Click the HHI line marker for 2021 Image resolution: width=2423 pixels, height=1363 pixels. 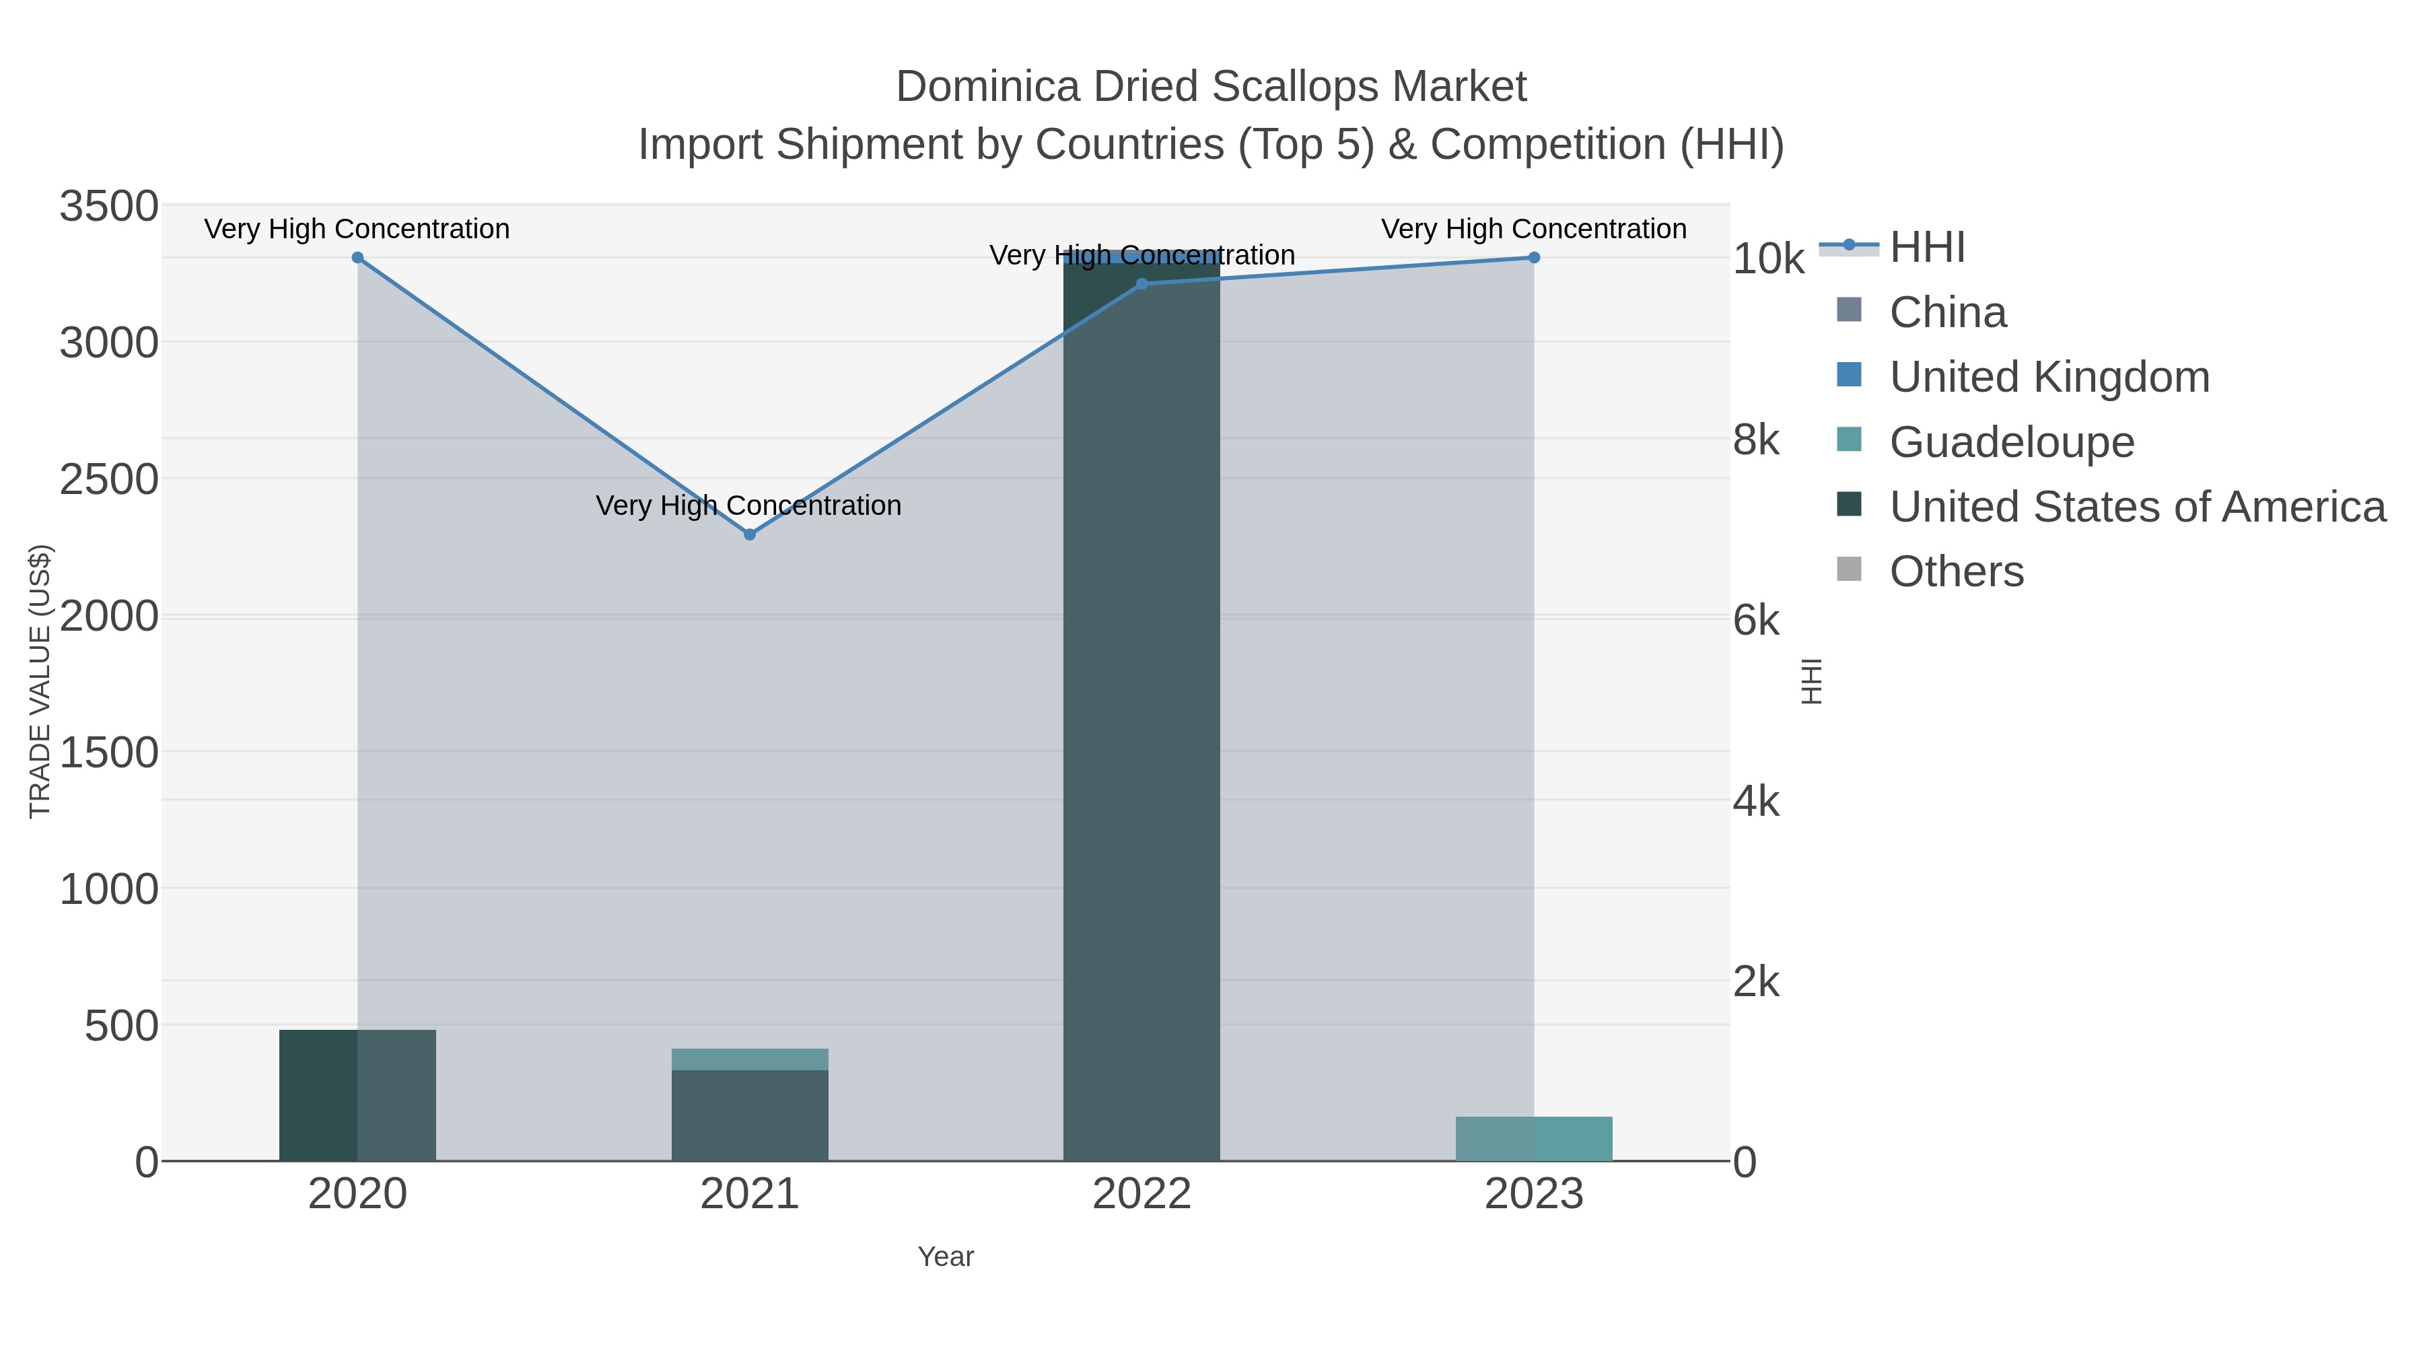[750, 534]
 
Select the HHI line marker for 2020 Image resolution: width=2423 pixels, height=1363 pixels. [357, 258]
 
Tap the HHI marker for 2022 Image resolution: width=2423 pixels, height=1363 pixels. [1142, 284]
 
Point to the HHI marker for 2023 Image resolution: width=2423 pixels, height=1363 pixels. [1534, 258]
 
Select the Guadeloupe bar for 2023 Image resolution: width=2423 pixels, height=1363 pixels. [1534, 1139]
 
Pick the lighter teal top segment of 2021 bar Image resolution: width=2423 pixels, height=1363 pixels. [750, 1059]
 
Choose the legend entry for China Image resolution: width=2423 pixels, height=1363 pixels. [1947, 312]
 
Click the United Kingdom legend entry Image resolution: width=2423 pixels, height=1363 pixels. [2049, 377]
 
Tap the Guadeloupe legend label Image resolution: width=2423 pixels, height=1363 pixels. [2011, 442]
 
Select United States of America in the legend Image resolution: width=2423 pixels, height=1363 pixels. [2137, 507]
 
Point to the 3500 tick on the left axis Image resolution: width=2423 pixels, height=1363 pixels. [109, 206]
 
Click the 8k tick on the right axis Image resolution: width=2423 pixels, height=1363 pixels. [1756, 440]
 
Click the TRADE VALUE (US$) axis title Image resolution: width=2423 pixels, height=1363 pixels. [40, 681]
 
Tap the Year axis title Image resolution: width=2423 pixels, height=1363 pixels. [946, 1257]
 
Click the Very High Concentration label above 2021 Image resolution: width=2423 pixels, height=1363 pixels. [748, 506]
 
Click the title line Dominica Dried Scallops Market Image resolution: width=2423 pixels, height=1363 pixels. [1211, 87]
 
